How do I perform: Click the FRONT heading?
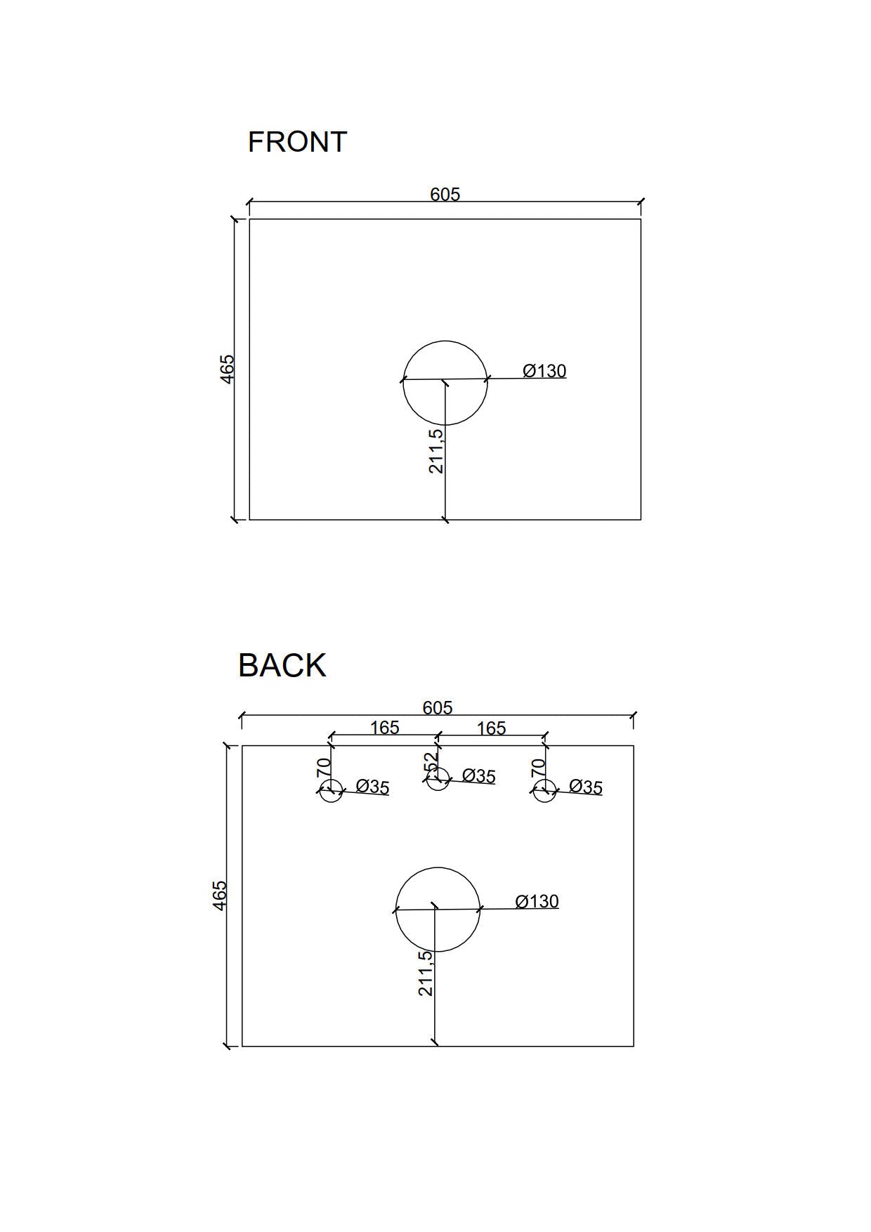(297, 142)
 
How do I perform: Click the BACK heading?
(282, 665)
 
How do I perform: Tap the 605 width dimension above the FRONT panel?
(445, 194)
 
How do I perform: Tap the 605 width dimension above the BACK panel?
(438, 707)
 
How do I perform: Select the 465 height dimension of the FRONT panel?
(227, 369)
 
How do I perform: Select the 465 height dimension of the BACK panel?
(219, 896)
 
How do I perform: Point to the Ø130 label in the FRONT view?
(544, 370)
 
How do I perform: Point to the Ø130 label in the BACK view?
(537, 901)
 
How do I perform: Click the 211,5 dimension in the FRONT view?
(436, 451)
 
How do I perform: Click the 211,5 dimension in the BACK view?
(426, 974)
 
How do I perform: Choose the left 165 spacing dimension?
(385, 728)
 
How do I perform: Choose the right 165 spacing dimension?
(492, 728)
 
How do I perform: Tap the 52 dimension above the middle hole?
(431, 761)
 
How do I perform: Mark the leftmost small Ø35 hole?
(331, 790)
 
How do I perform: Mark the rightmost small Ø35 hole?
(544, 790)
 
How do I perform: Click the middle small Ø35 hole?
(438, 778)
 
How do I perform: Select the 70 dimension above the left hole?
(324, 766)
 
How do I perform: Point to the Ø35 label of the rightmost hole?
(586, 787)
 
